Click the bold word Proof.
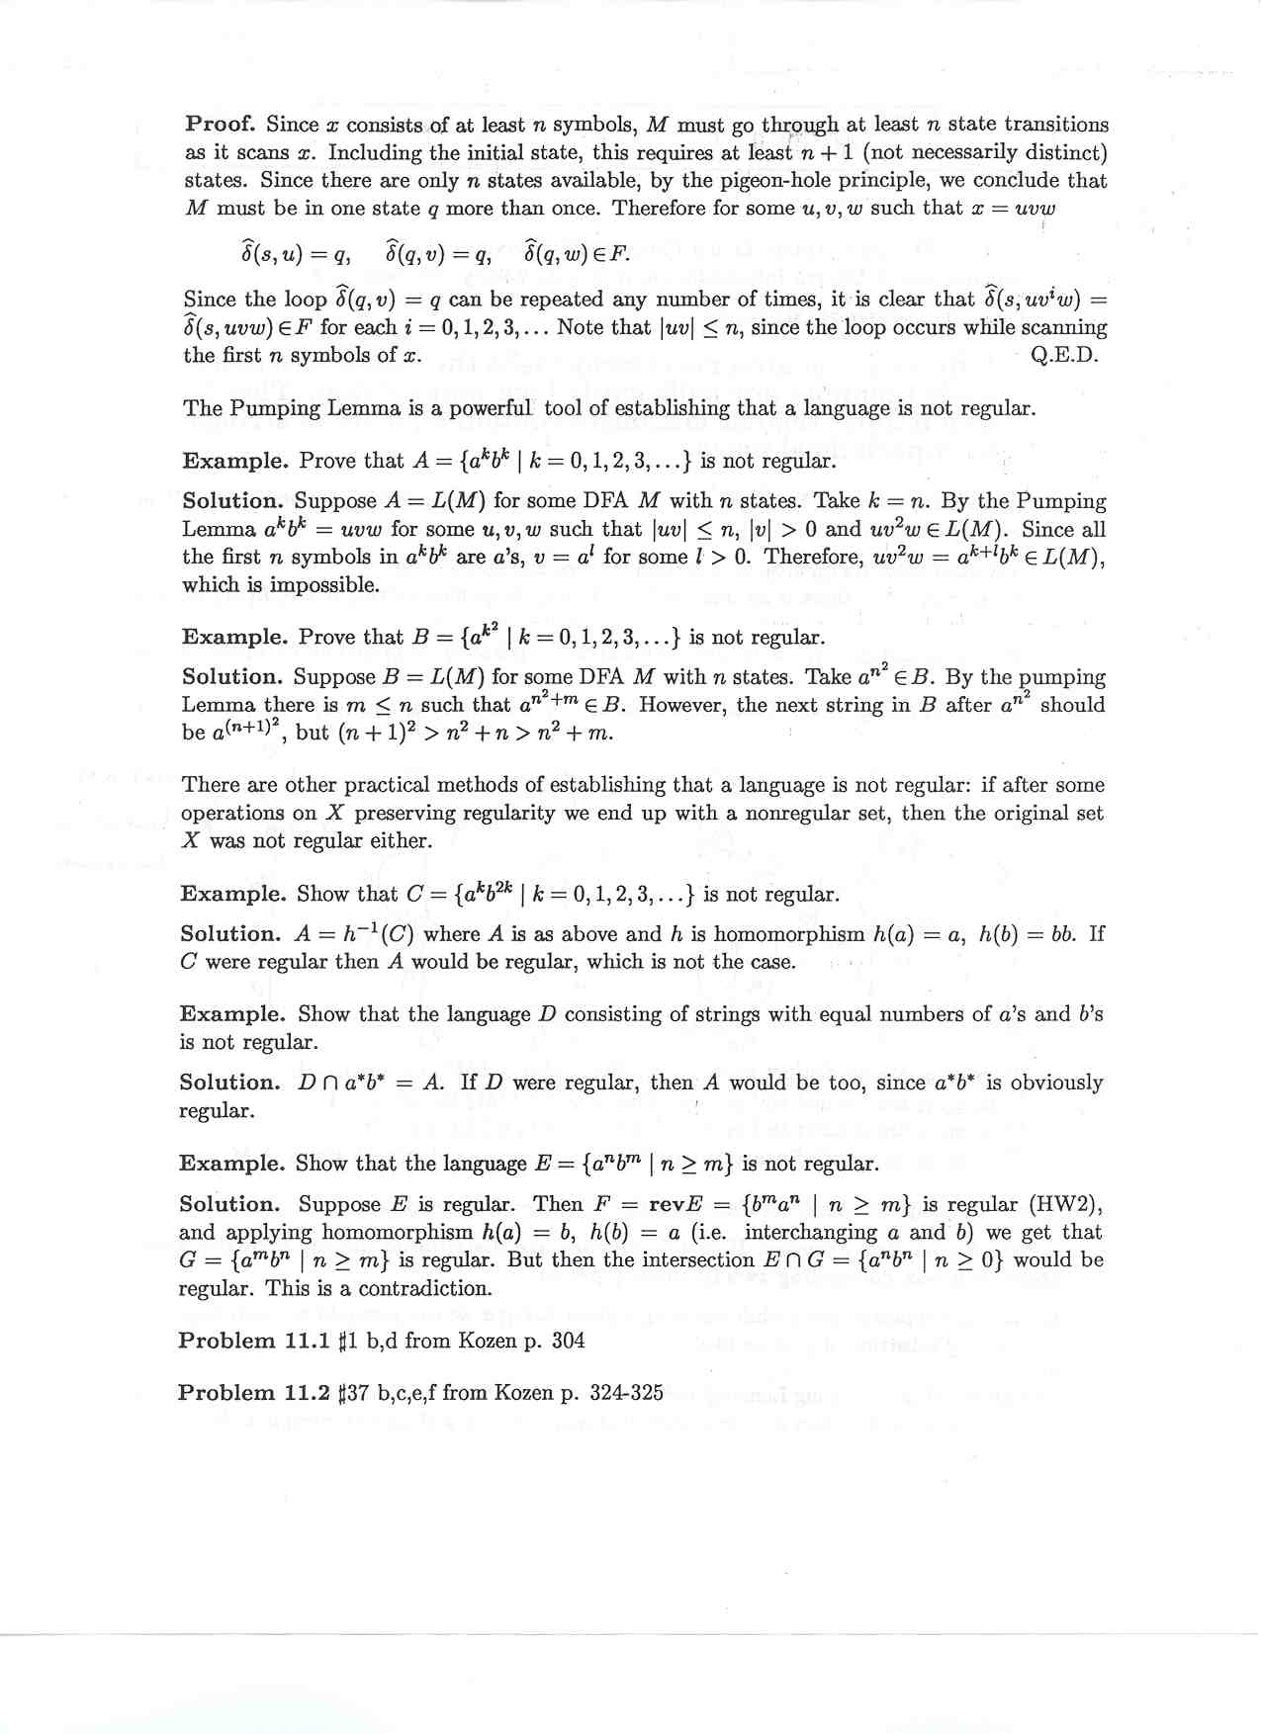[220, 125]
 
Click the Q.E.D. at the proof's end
[1063, 355]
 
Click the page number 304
[567, 1341]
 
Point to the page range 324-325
[626, 1393]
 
